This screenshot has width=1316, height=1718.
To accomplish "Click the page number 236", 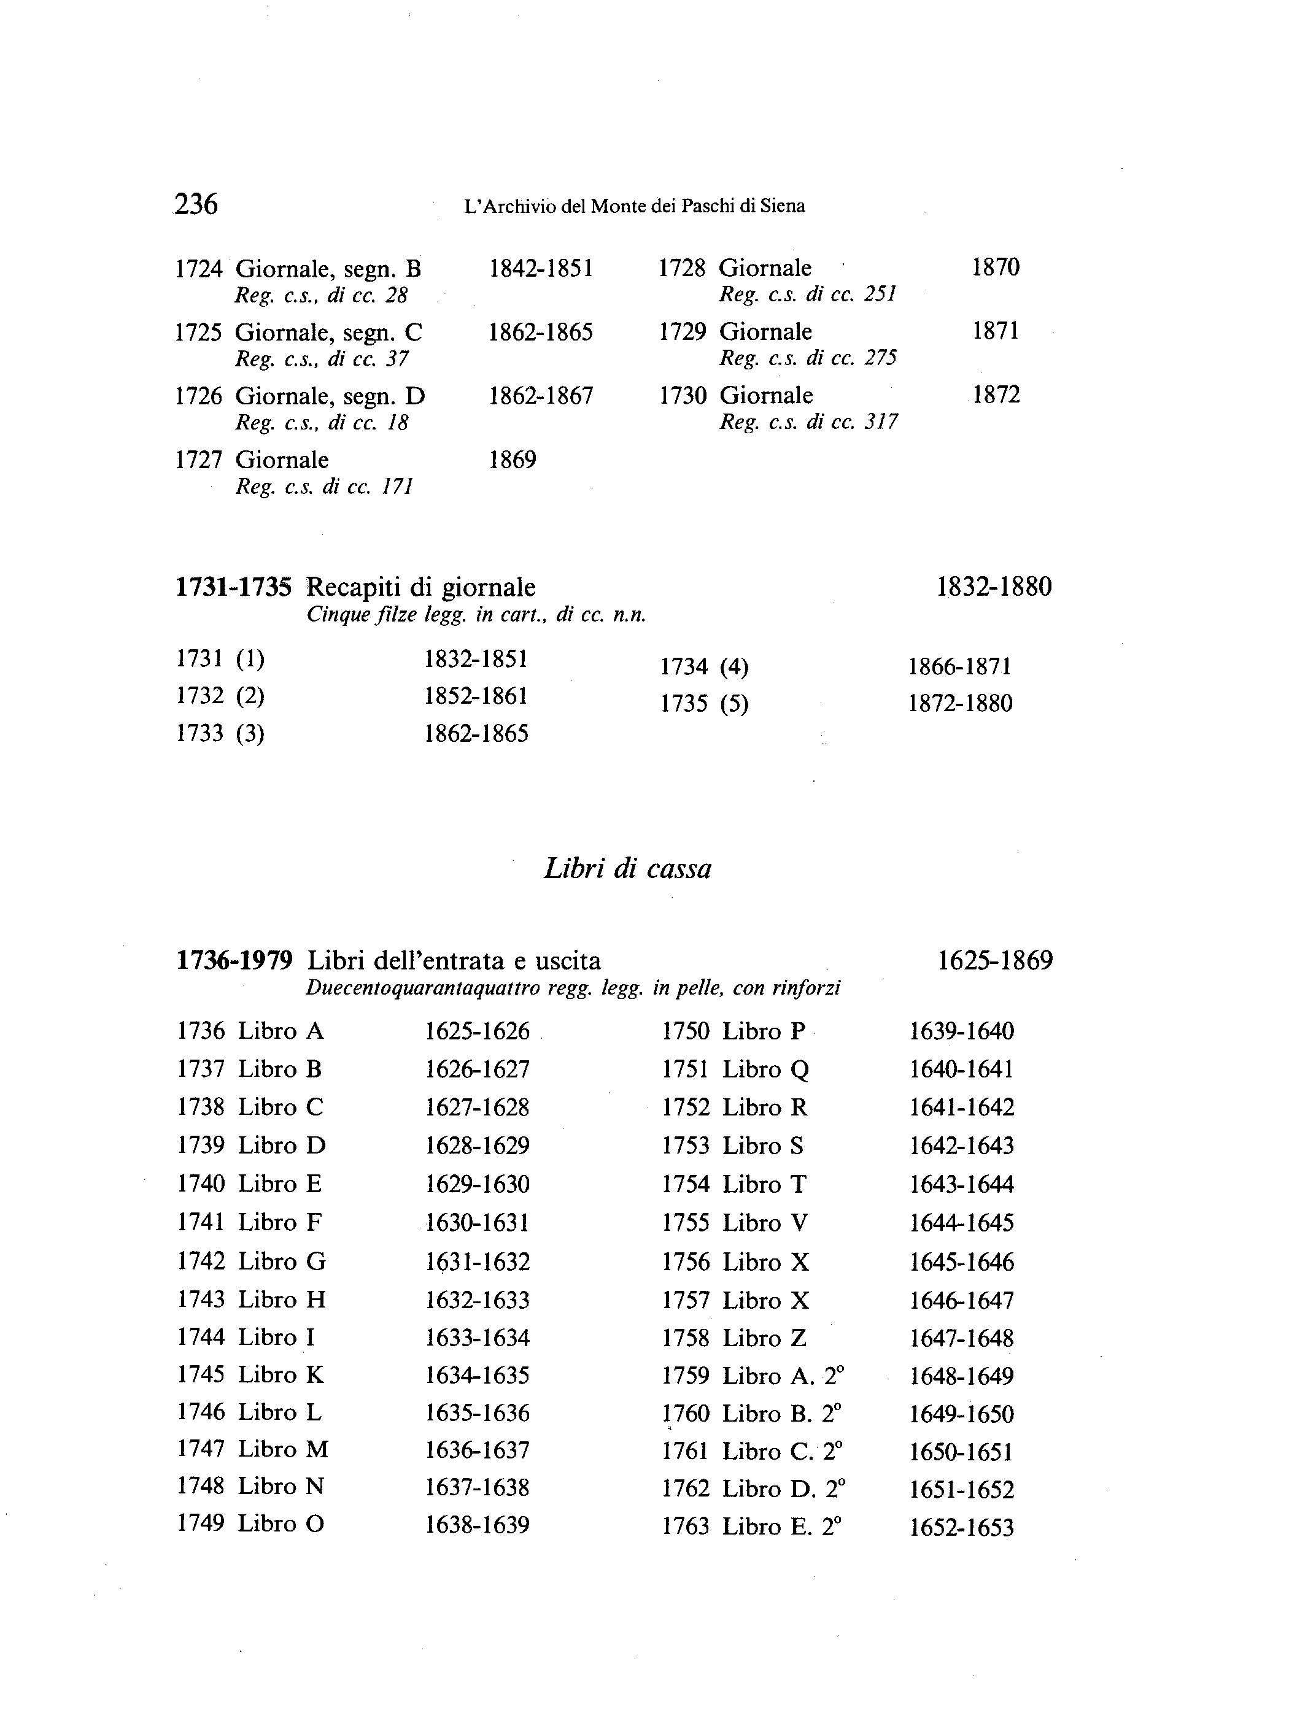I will pos(196,204).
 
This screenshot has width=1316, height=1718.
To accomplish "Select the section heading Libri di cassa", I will pos(627,868).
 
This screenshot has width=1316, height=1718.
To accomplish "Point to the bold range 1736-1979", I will pos(234,960).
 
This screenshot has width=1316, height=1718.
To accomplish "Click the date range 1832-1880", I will pos(993,587).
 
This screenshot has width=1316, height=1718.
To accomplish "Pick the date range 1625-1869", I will pos(995,960).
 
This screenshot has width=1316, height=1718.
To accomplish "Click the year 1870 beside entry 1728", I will pos(996,268).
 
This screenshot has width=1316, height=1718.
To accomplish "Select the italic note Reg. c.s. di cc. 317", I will pos(808,422).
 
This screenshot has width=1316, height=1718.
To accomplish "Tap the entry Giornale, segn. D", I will pos(330,396).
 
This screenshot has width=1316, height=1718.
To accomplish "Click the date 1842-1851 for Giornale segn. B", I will pos(541,269).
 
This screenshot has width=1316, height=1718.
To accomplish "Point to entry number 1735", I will pos(684,704).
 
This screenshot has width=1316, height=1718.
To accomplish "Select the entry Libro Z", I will pos(764,1338).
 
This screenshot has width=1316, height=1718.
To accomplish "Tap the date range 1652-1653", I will pos(961,1527).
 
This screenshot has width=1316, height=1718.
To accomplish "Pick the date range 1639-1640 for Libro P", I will pos(961,1031).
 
